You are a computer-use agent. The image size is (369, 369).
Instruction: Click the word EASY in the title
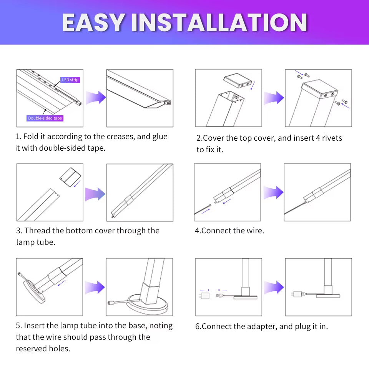[95, 23]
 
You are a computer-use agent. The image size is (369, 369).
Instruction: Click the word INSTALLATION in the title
[219, 23]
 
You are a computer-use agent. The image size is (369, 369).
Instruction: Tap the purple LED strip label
[70, 80]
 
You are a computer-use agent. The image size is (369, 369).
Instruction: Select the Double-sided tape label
[45, 118]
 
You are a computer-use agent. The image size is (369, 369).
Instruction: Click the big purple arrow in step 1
[96, 98]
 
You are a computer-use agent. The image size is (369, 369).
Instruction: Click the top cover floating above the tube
[238, 81]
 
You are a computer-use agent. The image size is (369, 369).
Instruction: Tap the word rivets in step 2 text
[329, 138]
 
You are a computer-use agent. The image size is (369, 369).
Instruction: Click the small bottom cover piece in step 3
[71, 178]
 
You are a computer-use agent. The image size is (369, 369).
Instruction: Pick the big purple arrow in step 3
[96, 194]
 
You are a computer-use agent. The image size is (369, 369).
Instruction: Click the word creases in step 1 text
[119, 136]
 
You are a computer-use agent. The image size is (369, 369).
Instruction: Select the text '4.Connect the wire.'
[229, 231]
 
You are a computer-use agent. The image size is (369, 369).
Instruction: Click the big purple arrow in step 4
[274, 192]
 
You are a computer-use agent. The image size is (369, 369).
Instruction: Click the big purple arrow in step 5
[96, 287]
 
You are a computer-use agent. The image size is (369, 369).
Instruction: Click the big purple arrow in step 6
[274, 287]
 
